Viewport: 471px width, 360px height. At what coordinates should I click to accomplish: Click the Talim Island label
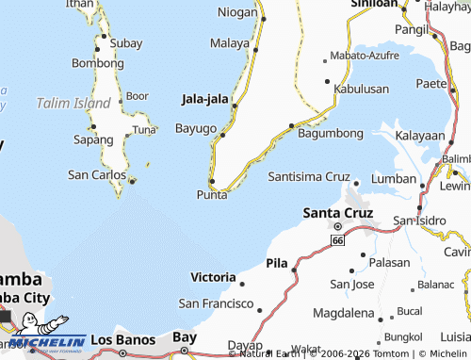[x=73, y=102]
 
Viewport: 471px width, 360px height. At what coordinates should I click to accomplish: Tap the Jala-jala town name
[x=204, y=97]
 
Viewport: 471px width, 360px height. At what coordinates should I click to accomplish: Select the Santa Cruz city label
[x=338, y=212]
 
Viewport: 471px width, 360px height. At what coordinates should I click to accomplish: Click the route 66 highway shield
[x=336, y=241]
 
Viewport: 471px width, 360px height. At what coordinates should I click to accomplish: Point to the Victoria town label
[x=213, y=277]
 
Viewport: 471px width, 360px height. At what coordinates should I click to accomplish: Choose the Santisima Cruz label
[x=308, y=176]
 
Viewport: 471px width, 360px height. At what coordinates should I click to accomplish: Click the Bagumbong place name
[x=330, y=135]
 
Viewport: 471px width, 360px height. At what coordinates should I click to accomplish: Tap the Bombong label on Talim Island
[x=98, y=62]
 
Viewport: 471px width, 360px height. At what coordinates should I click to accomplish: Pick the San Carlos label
[x=96, y=174]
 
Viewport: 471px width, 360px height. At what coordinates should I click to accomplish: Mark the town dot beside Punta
[x=212, y=181]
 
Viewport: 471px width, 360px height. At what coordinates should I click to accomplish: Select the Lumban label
[x=394, y=178]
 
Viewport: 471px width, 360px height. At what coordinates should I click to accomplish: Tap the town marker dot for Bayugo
[x=222, y=135]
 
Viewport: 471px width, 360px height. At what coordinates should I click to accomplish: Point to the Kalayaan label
[x=420, y=136]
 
